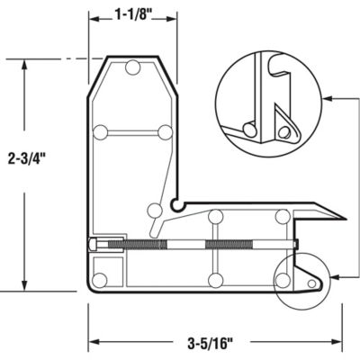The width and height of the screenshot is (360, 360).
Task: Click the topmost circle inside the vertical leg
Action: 133,67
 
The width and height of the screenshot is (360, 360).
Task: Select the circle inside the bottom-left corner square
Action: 101,278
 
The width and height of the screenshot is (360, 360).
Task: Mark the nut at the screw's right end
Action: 293,244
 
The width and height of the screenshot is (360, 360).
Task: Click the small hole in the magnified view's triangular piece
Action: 284,132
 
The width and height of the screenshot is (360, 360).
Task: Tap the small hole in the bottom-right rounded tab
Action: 311,283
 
